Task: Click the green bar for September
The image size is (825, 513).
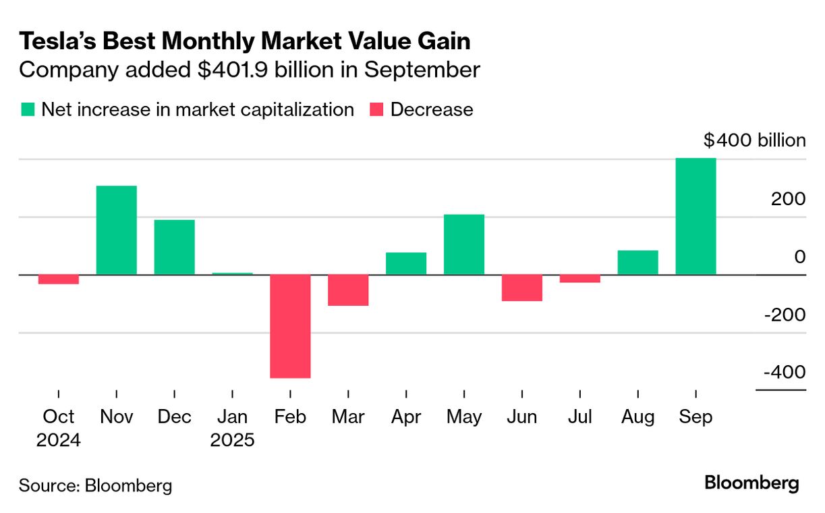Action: point(695,216)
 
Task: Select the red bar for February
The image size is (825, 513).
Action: point(290,326)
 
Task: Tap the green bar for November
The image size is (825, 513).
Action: point(117,230)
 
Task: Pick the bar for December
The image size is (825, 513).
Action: point(174,247)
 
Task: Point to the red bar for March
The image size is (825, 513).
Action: point(348,290)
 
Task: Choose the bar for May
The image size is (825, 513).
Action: point(464,244)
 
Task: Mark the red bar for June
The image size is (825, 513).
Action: point(522,288)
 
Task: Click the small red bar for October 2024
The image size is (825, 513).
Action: point(59,279)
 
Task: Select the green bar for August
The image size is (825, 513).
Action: point(637,263)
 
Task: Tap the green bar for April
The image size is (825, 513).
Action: point(406,263)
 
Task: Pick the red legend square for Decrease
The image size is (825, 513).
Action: point(377,109)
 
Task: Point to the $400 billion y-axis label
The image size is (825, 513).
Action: point(754,140)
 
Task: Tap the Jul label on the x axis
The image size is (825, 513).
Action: point(580,417)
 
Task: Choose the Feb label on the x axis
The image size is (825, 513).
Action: point(290,417)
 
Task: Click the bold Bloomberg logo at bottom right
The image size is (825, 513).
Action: point(751,483)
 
